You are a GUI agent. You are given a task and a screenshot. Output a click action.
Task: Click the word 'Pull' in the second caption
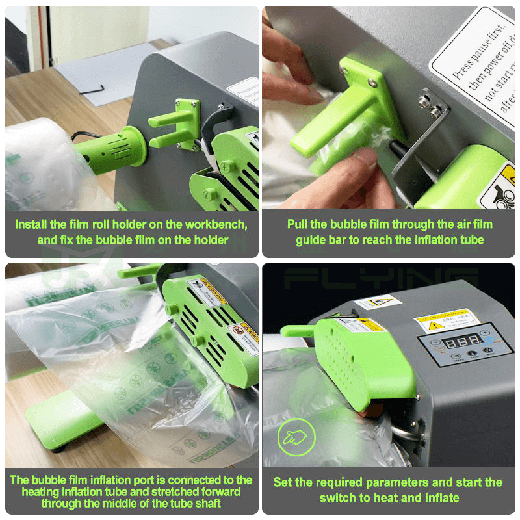(x=298, y=224)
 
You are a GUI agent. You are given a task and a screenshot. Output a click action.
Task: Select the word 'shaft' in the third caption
(x=206, y=503)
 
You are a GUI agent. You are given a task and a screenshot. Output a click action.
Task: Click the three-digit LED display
(x=464, y=340)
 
